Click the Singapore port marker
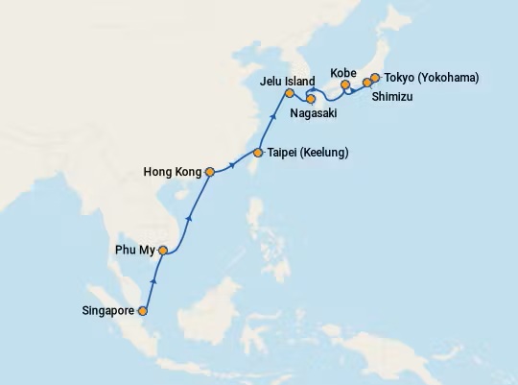143,311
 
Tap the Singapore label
110,311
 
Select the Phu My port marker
163,252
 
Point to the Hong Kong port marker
210,173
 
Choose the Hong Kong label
173,173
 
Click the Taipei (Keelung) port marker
258,153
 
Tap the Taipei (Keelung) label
308,153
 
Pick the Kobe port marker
345,85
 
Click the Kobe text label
343,73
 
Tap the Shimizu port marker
366,83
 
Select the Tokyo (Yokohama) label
432,78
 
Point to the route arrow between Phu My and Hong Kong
188,217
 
